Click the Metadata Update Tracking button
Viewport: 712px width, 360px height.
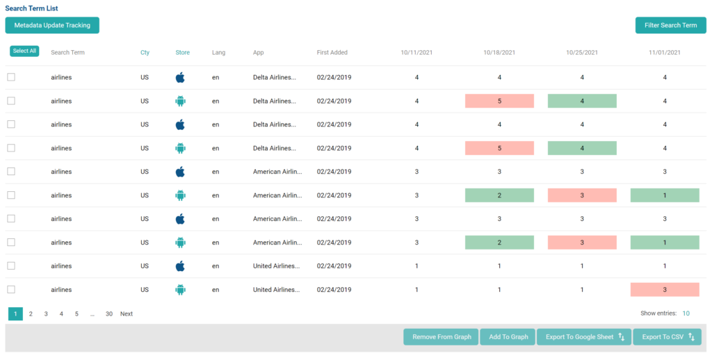coord(52,25)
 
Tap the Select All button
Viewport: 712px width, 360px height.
coord(24,51)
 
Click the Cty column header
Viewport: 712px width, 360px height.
coord(145,53)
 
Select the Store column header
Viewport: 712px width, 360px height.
coord(182,53)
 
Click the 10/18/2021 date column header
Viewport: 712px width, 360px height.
coord(499,53)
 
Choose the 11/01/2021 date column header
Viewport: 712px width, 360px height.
coord(665,53)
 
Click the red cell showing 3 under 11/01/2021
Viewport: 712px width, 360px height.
coord(665,290)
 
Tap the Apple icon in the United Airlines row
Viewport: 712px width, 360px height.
coord(180,266)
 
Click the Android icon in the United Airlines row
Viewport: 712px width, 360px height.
coord(180,290)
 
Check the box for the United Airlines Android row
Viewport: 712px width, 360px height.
coord(11,290)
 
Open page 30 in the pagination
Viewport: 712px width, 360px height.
coord(109,314)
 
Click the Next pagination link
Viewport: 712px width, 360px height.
coord(127,314)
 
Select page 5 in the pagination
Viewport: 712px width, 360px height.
coord(76,314)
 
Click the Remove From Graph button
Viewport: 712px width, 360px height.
coord(442,337)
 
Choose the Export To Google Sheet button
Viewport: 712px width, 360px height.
coord(583,337)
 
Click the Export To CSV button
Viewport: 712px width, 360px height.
coord(667,337)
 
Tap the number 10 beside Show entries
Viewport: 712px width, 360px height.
coord(686,314)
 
